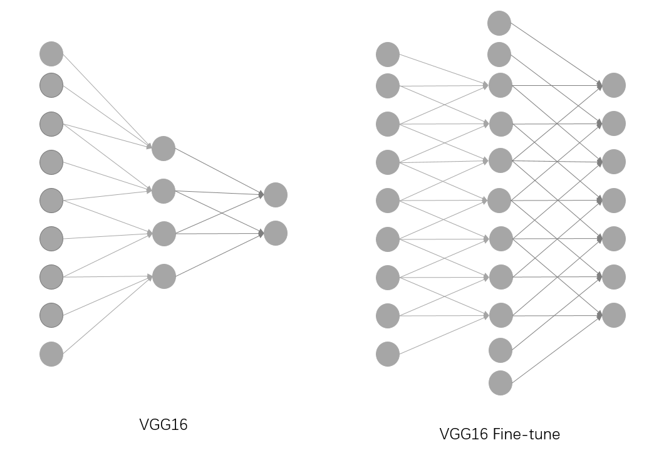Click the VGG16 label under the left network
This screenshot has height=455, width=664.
coord(163,424)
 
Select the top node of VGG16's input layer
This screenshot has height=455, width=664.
coord(51,54)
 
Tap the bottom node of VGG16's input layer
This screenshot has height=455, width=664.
coord(51,354)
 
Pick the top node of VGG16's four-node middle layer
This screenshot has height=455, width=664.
coord(163,149)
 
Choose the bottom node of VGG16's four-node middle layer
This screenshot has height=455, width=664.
coord(163,276)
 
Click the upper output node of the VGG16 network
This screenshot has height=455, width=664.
coord(276,195)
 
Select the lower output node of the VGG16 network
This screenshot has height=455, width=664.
coord(276,233)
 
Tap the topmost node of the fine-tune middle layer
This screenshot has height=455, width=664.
coord(499,23)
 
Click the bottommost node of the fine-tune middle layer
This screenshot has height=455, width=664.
coord(501,383)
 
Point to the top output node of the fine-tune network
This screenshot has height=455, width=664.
coord(614,85)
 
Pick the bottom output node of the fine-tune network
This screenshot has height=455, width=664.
coord(614,315)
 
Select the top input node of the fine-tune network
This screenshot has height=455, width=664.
coord(388,55)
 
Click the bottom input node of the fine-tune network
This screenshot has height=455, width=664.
coord(388,354)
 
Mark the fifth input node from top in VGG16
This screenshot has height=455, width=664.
coord(51,201)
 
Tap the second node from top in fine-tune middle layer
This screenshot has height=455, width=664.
coord(499,55)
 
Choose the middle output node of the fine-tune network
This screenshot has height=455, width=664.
coord(614,201)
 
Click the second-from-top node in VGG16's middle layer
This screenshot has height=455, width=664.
coord(163,191)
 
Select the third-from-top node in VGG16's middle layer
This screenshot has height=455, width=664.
coord(163,234)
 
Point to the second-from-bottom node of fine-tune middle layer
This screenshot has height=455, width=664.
coord(501,350)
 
